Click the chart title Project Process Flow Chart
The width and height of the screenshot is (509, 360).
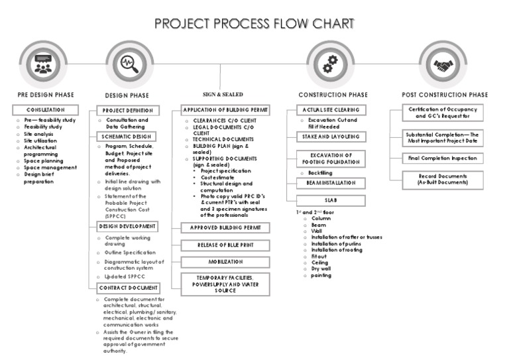pos(254,24)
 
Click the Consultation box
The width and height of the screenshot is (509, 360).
pos(45,109)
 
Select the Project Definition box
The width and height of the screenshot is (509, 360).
pos(129,110)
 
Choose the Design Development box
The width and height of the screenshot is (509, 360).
pos(129,227)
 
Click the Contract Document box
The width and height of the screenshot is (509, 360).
pos(129,288)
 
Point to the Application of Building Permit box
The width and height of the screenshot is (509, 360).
pos(225,110)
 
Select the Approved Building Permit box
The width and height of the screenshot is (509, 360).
pos(225,227)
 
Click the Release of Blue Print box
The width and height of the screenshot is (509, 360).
pos(225,245)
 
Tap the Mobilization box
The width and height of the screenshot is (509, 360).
pos(225,263)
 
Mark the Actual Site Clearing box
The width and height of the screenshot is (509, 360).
pos(330,110)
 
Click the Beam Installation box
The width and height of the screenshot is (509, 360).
pos(330,182)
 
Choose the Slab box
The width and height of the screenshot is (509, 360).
pos(330,200)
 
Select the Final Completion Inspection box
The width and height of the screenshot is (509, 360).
pos(443,158)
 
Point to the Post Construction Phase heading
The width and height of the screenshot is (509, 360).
pos(445,95)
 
